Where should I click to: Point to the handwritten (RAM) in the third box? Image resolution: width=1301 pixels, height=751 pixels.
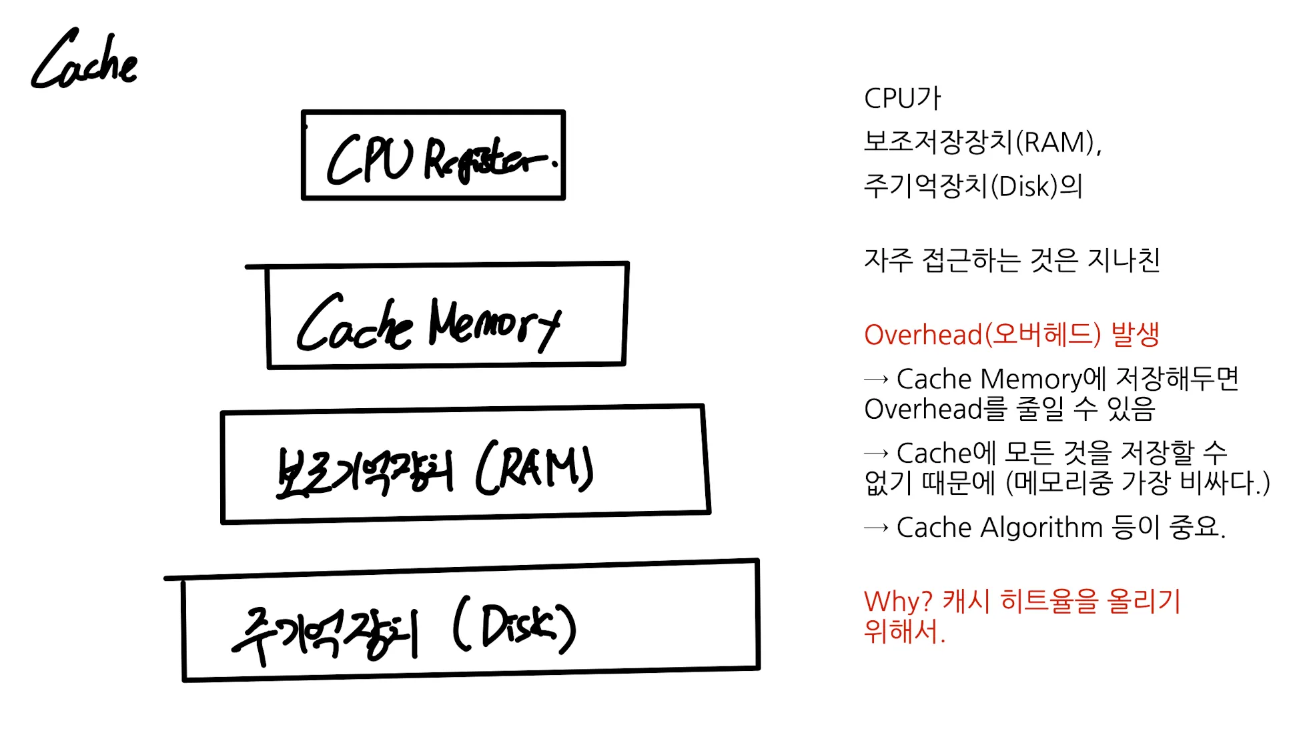pos(534,467)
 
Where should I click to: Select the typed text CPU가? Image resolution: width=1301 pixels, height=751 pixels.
pos(902,98)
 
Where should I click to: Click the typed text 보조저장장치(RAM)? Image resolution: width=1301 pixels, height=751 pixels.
pos(983,142)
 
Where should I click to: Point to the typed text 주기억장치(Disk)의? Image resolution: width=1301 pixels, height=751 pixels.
pos(973,186)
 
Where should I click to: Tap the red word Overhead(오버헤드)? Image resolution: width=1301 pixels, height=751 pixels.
pos(982,334)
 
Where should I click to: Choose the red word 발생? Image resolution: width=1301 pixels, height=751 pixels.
pos(1136,334)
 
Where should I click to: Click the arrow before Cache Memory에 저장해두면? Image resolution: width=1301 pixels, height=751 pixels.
pos(876,380)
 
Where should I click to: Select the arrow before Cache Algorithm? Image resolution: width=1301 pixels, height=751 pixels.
pos(876,528)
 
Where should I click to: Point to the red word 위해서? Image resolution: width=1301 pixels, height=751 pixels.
pos(905,631)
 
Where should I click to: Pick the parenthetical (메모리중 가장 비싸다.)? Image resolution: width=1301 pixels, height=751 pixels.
pos(1138,483)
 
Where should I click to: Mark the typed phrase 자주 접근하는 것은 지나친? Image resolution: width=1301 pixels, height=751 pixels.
pos(1012,260)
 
